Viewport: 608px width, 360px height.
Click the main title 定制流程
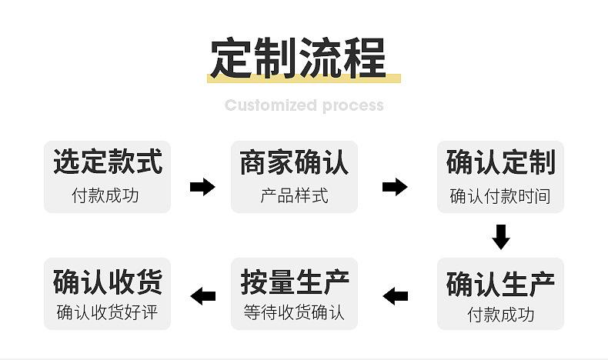tap(298, 58)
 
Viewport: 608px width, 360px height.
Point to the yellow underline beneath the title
tap(303, 78)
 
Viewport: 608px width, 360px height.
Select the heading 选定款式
tap(108, 162)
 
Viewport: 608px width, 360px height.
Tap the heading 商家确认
tap(294, 162)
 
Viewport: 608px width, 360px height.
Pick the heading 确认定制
tap(500, 162)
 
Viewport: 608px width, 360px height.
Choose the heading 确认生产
tap(500, 284)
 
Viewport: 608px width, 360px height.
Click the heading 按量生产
tap(295, 282)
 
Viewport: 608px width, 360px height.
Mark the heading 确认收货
tap(108, 282)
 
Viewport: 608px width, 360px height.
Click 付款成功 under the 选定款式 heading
tap(105, 195)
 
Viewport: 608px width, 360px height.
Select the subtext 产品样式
tap(294, 195)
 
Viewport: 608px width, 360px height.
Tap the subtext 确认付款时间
tap(500, 196)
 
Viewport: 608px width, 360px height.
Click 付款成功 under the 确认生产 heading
tap(500, 315)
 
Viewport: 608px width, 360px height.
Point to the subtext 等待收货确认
tap(294, 312)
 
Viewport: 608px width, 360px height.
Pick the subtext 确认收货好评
tap(107, 312)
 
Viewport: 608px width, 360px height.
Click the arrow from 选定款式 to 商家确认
tap(202, 187)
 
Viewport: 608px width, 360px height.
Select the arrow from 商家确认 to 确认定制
tap(395, 187)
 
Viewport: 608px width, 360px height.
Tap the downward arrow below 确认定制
tap(501, 237)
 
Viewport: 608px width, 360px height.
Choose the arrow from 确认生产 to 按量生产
tap(395, 296)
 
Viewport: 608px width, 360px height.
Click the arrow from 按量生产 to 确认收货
tap(203, 296)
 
